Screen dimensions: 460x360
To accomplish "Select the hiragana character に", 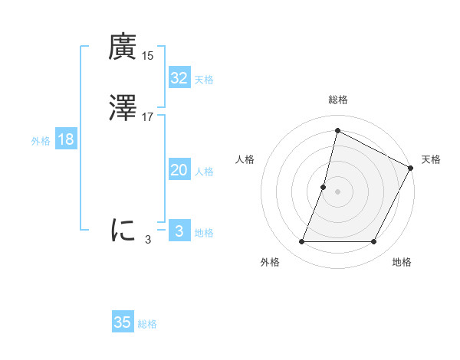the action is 123,229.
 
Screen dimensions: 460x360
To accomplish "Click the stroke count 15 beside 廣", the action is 148,56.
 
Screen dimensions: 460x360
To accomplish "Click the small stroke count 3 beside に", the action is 148,239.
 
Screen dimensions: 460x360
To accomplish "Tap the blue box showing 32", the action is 179,78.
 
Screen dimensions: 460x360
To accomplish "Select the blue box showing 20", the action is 179,170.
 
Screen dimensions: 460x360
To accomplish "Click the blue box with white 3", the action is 179,231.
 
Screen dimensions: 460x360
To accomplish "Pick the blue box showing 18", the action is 65,139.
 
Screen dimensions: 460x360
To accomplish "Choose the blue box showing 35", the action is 123,322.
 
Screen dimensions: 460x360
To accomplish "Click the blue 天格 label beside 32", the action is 204,80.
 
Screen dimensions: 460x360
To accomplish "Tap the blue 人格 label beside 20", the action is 204,172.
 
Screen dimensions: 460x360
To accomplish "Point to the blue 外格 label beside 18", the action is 41,141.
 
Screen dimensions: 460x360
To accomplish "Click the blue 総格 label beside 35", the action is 147,324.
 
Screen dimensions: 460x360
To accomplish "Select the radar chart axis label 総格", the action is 337,100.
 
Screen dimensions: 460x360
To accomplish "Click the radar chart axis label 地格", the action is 402,262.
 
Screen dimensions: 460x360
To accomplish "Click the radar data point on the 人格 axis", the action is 324,187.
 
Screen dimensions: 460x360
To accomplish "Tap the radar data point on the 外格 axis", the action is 301,242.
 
